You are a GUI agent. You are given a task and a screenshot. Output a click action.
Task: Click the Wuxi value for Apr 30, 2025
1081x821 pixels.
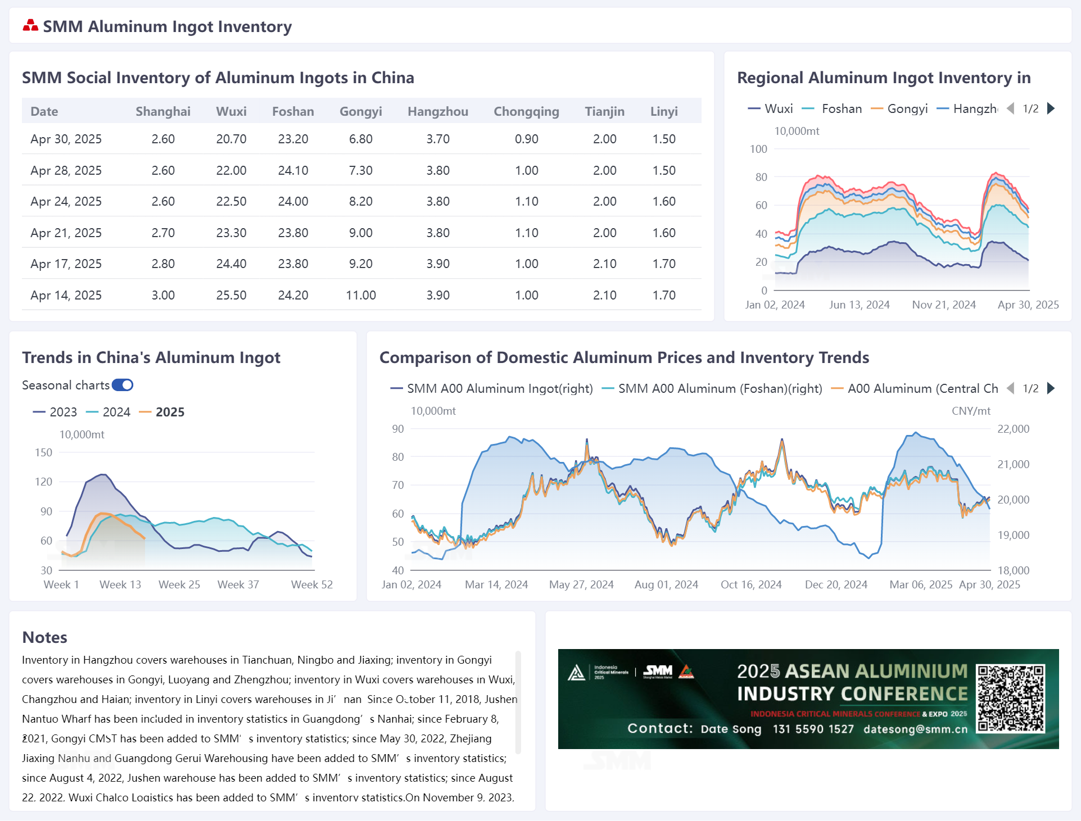pos(231,139)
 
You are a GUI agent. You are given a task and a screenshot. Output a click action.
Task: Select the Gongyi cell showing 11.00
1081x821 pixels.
pos(361,295)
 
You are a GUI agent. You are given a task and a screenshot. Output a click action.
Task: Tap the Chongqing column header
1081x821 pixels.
pos(526,111)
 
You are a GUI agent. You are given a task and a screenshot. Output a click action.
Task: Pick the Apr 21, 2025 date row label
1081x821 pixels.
pos(66,233)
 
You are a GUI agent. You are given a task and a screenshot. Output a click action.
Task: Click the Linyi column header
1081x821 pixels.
pos(664,111)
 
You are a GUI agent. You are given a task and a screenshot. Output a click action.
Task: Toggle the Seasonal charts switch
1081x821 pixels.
pos(123,385)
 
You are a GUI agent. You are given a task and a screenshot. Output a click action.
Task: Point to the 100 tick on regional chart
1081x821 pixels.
pos(758,149)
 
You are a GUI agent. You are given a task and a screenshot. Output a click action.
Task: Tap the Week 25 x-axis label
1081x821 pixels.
pos(179,584)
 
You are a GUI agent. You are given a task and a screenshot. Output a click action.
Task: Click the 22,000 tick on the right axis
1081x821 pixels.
pos(1013,429)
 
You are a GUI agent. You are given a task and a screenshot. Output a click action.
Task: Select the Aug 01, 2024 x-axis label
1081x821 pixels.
pos(666,584)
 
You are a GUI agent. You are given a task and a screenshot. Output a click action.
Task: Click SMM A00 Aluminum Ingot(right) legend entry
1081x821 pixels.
pos(492,388)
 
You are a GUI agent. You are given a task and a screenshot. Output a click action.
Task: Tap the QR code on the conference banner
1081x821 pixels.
pos(1010,698)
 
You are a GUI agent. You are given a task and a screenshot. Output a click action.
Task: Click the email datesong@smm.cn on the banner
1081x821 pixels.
pos(916,729)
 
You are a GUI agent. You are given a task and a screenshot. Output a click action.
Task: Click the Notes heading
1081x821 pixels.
pos(45,637)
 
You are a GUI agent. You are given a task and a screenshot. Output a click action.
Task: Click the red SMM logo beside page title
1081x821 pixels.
pos(30,25)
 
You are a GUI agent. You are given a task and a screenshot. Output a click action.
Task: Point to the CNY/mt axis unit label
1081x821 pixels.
pos(971,411)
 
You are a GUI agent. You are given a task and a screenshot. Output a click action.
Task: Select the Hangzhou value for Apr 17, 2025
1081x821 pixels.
pos(438,264)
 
